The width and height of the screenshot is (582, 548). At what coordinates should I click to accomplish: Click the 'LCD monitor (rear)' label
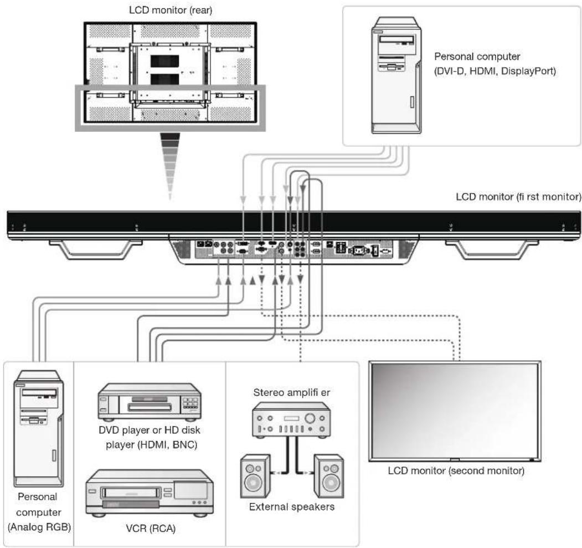coord(171,10)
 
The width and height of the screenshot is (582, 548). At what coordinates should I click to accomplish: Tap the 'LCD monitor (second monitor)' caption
coord(456,471)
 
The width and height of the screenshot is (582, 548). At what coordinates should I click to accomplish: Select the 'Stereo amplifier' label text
coord(291,392)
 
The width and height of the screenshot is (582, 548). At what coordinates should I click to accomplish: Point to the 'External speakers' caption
coord(291,507)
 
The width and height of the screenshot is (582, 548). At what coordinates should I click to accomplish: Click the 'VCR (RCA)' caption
coord(150,528)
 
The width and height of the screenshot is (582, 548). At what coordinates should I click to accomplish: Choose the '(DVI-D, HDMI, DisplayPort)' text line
coord(495,71)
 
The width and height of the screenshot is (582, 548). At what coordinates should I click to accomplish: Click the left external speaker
coord(255,476)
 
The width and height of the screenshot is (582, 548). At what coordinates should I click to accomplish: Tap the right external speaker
coord(328,476)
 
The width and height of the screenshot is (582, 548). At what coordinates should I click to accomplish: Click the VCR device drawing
coord(150,493)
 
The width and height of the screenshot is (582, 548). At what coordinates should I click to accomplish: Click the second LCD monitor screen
coord(455,411)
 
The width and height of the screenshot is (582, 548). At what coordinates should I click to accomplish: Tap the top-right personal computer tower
coord(396,75)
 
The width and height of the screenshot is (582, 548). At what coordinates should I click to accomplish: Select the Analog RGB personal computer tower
coord(39,428)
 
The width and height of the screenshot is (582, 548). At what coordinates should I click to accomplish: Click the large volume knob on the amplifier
coord(310,418)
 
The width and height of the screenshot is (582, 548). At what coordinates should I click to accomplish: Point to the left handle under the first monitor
coord(95,249)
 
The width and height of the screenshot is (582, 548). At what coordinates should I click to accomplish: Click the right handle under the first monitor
coord(491,249)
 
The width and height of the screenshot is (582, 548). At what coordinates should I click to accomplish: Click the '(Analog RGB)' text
coord(39,527)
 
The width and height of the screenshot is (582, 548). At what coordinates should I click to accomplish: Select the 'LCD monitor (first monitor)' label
coord(518,197)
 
